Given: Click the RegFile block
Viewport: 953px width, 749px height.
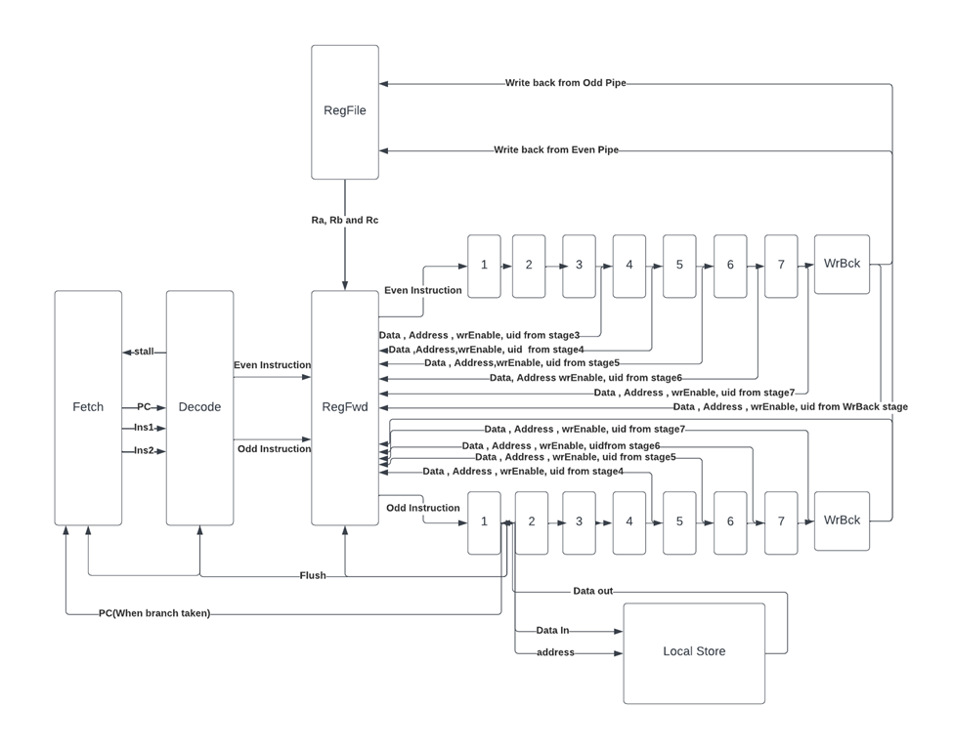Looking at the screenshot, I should coord(345,111).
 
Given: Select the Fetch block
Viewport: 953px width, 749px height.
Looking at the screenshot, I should coord(88,407).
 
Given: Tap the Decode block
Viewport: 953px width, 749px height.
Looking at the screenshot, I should coord(199,407).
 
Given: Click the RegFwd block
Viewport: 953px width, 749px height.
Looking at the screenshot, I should coord(345,407).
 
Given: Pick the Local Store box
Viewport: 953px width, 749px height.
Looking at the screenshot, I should coord(694,651).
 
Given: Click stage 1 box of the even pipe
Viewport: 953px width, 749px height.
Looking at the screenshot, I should coord(484,266).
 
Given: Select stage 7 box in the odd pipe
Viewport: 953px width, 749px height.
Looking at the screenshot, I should coord(780,521).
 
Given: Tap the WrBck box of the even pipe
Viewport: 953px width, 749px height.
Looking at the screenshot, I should coord(842,264).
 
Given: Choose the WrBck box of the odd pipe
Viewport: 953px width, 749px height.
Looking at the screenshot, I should coord(842,520).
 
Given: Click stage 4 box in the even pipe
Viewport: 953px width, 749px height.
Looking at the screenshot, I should coord(629,266).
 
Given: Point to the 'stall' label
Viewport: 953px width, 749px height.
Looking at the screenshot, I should coord(144,352).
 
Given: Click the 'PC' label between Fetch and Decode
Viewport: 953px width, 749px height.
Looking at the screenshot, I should coord(144,406).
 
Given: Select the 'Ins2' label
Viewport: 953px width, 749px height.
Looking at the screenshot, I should coord(144,450).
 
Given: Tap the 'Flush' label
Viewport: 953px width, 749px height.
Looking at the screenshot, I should coord(313,575).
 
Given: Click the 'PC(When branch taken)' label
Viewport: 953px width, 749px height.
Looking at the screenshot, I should coord(154,613).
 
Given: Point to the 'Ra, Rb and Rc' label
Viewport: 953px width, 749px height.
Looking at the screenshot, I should coord(344,221).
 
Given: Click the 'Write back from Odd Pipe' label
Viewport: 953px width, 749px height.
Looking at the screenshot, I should coord(565,84).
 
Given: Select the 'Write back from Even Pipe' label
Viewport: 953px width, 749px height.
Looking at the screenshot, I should coord(556,150).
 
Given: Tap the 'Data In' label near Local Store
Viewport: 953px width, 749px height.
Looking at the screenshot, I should coord(552,631).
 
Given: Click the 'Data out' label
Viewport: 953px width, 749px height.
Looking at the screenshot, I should coord(593,592).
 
